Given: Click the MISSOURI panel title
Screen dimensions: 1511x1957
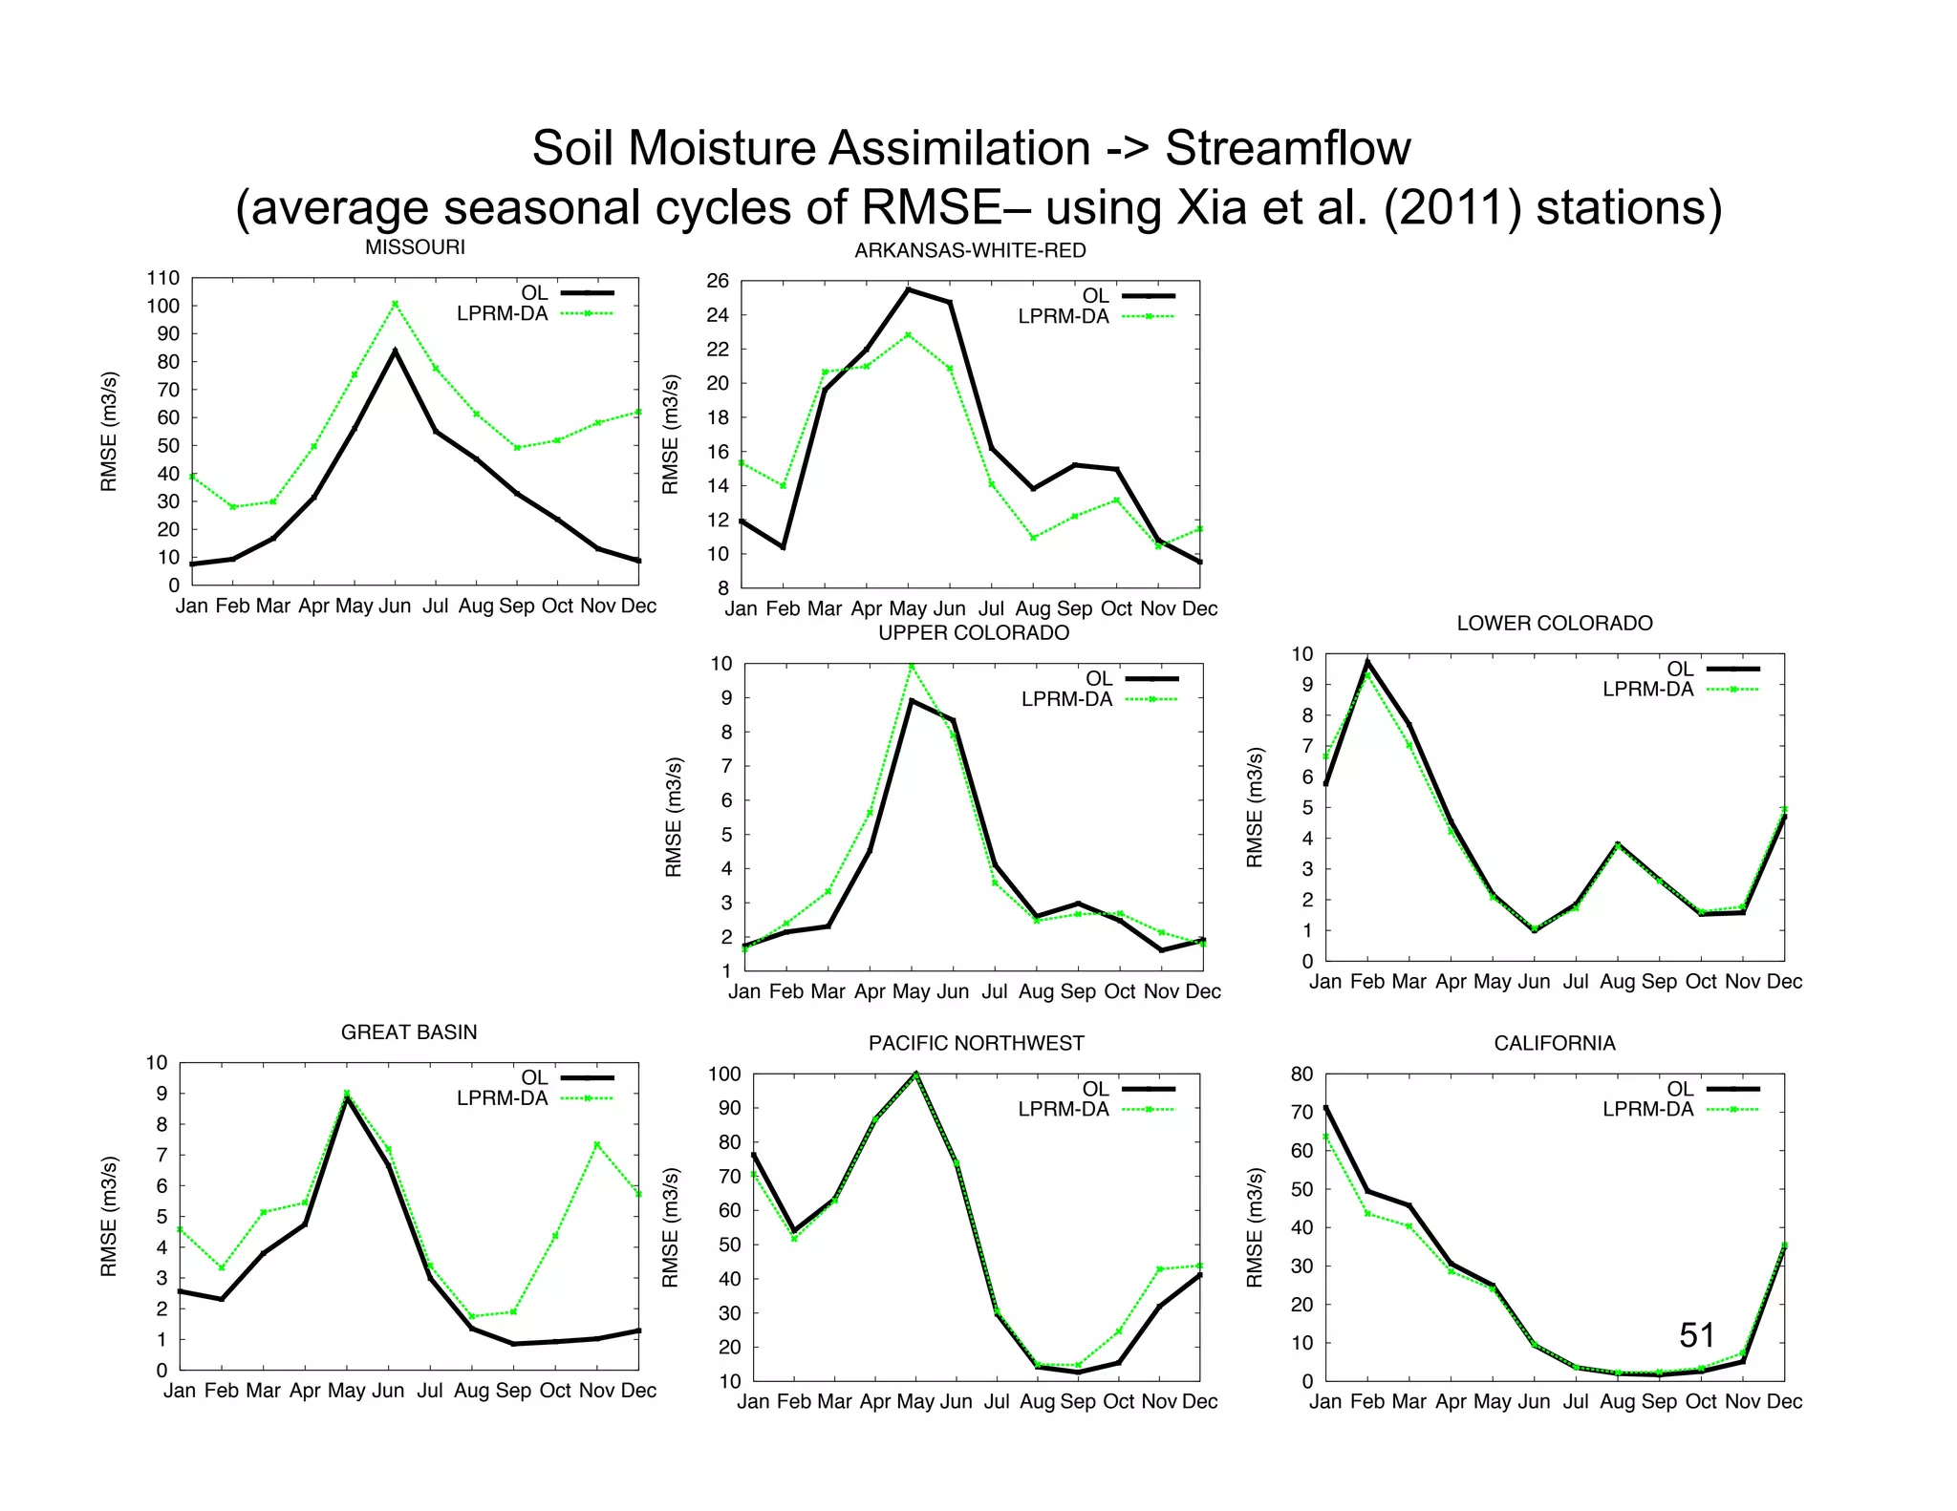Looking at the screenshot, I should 415,247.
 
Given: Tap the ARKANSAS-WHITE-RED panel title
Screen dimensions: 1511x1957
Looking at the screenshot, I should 970,250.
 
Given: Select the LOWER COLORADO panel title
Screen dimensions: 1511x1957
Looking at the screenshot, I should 1554,623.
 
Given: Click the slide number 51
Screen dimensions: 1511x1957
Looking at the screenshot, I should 1696,1334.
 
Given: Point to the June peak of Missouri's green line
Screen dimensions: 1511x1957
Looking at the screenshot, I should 395,304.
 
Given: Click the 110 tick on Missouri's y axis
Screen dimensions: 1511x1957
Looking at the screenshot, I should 162,278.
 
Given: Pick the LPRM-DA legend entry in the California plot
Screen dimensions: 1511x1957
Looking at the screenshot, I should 1647,1109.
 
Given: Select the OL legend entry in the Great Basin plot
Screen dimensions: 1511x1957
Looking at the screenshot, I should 534,1077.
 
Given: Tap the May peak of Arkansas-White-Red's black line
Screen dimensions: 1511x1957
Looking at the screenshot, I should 908,289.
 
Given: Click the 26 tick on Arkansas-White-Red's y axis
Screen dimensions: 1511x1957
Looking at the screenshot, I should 718,281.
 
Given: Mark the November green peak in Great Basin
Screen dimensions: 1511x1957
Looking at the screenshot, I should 597,1144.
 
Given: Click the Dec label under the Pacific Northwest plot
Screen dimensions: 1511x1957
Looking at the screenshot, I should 1199,1401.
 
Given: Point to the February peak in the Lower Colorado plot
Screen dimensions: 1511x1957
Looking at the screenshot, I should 1367,662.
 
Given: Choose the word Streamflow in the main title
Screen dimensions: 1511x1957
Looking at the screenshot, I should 1287,149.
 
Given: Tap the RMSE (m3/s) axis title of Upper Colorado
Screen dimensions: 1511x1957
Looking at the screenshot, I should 674,817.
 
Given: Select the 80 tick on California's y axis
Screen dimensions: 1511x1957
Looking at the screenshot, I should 1301,1074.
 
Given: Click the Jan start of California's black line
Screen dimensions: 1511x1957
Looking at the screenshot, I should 1325,1108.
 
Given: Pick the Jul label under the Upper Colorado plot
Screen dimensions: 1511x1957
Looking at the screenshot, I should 995,991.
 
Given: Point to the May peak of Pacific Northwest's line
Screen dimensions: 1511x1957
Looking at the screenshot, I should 916,1074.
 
